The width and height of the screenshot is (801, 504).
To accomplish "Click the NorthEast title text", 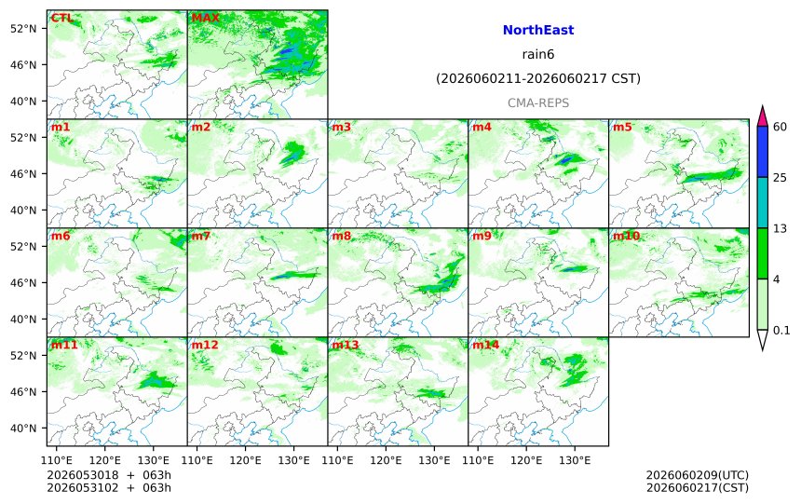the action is point(538,30).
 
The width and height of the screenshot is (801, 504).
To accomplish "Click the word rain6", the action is point(538,54).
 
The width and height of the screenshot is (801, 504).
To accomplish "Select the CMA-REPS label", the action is point(538,102).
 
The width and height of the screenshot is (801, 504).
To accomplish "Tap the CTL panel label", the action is point(62,18).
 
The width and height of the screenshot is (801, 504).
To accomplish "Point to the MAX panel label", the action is point(205,18).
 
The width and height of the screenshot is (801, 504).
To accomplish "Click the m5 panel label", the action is point(622,127).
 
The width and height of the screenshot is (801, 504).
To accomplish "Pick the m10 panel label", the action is point(626,236).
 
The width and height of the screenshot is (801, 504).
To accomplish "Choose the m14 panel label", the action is point(486,345).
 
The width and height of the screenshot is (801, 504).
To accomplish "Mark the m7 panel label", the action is point(201,236).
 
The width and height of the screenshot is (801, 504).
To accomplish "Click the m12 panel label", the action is point(205,345).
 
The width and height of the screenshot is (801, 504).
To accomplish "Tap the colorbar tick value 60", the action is point(781,127).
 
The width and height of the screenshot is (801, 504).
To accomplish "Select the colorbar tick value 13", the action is point(781,228).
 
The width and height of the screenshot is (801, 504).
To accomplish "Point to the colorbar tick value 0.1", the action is point(781,330).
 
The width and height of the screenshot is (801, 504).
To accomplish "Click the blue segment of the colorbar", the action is point(763,152).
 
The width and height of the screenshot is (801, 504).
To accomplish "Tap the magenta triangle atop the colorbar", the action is point(763,117).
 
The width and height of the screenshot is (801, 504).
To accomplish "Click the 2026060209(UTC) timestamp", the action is point(698,475).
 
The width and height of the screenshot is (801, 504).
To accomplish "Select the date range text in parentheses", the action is point(538,78).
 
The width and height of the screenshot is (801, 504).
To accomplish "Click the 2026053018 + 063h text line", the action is point(109,475).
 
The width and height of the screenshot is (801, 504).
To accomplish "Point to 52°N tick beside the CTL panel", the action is point(23,28).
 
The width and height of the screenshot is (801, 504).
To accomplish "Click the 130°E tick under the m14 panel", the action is point(576,460).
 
